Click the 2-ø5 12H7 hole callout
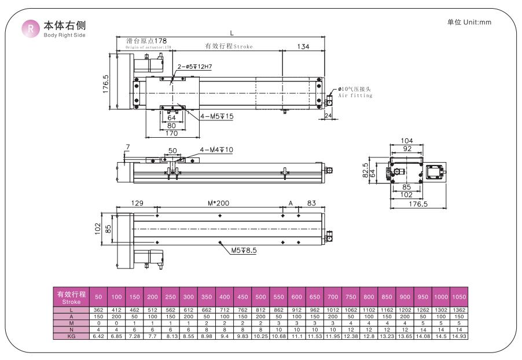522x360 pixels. click(194, 67)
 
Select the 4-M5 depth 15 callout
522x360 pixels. click(217, 116)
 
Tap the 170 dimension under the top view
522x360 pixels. click(172, 134)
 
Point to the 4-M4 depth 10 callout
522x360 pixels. click(216, 150)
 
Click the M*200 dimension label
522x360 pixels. click(219, 203)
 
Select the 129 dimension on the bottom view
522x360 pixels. click(137, 203)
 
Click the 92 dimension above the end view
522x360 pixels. click(407, 149)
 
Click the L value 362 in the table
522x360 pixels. click(98, 311)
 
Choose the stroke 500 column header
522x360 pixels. click(260, 297)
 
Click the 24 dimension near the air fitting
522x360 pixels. click(328, 115)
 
